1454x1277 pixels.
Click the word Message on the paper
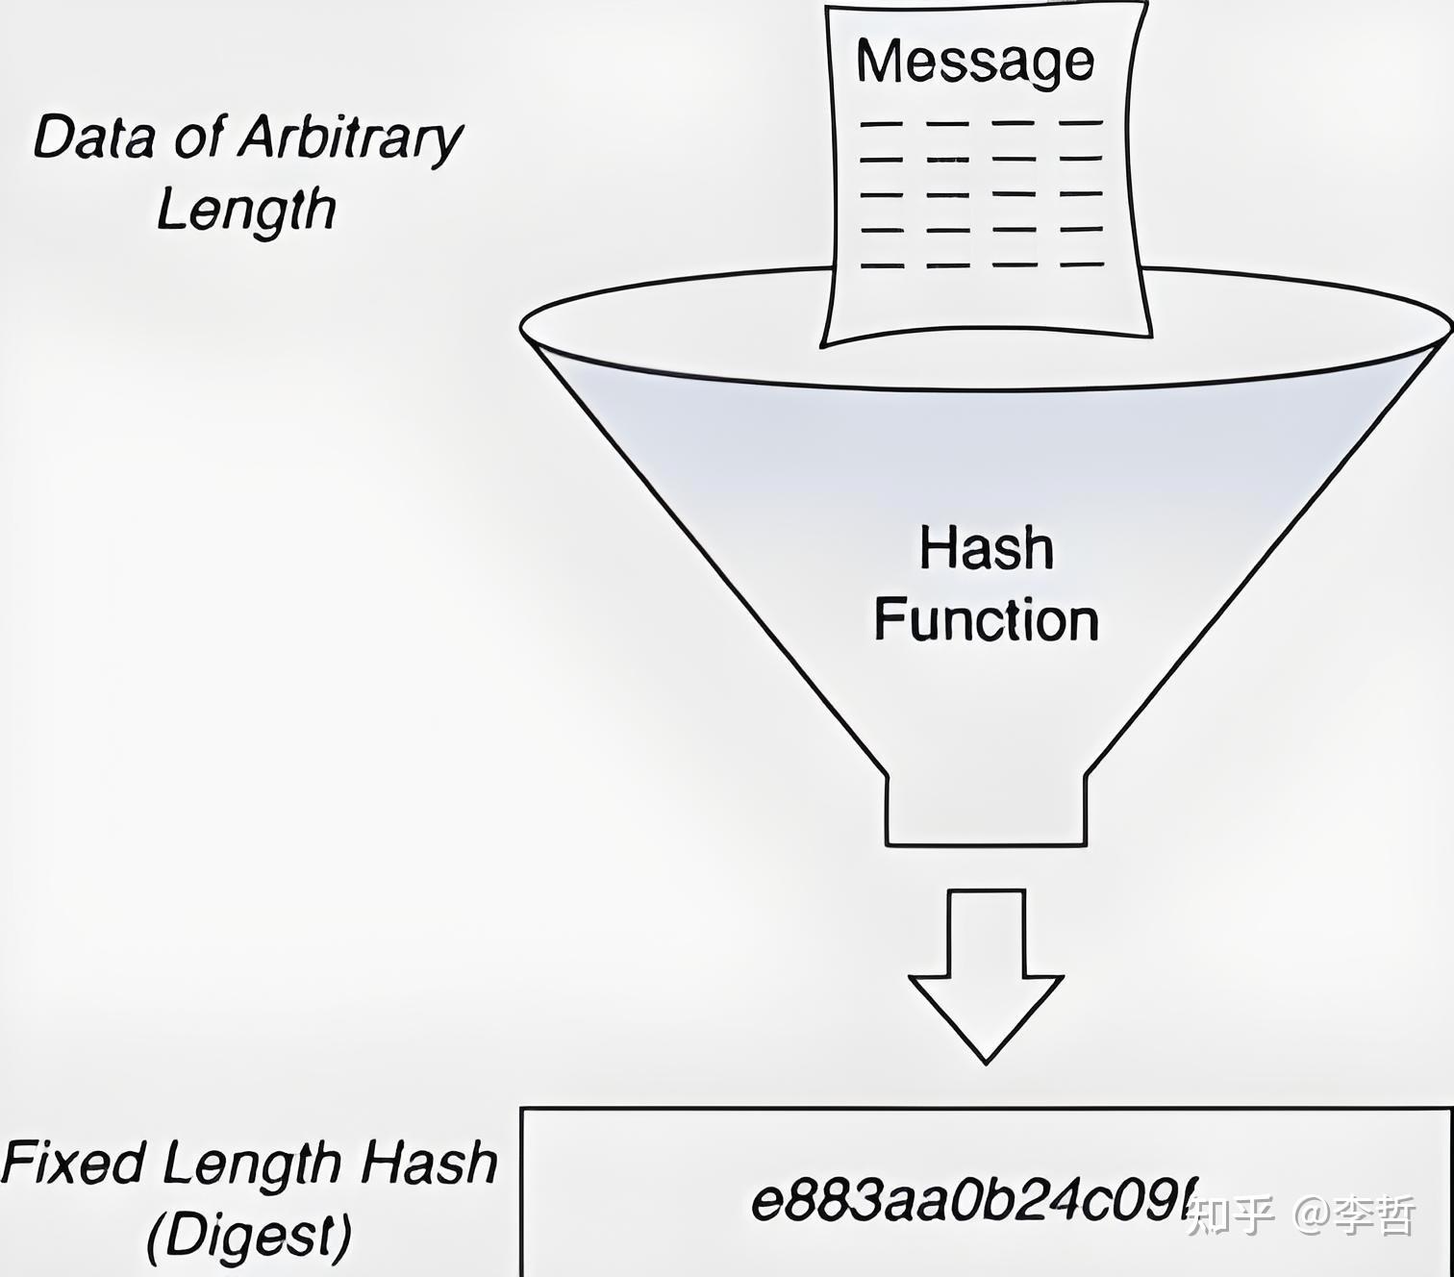coord(975,63)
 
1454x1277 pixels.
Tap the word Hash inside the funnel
coord(987,548)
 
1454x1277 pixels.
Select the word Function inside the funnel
coord(987,619)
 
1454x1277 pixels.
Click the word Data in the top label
coord(93,137)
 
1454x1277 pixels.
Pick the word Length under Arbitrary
coord(246,211)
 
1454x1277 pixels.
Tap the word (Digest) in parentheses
coord(249,1235)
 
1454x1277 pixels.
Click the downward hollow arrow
coord(987,971)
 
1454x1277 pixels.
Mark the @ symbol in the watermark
coord(1312,1215)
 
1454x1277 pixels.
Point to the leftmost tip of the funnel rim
coord(522,329)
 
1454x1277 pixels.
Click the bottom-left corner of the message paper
coord(822,344)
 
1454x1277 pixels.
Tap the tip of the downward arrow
coord(987,1062)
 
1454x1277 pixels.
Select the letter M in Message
coord(877,61)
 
